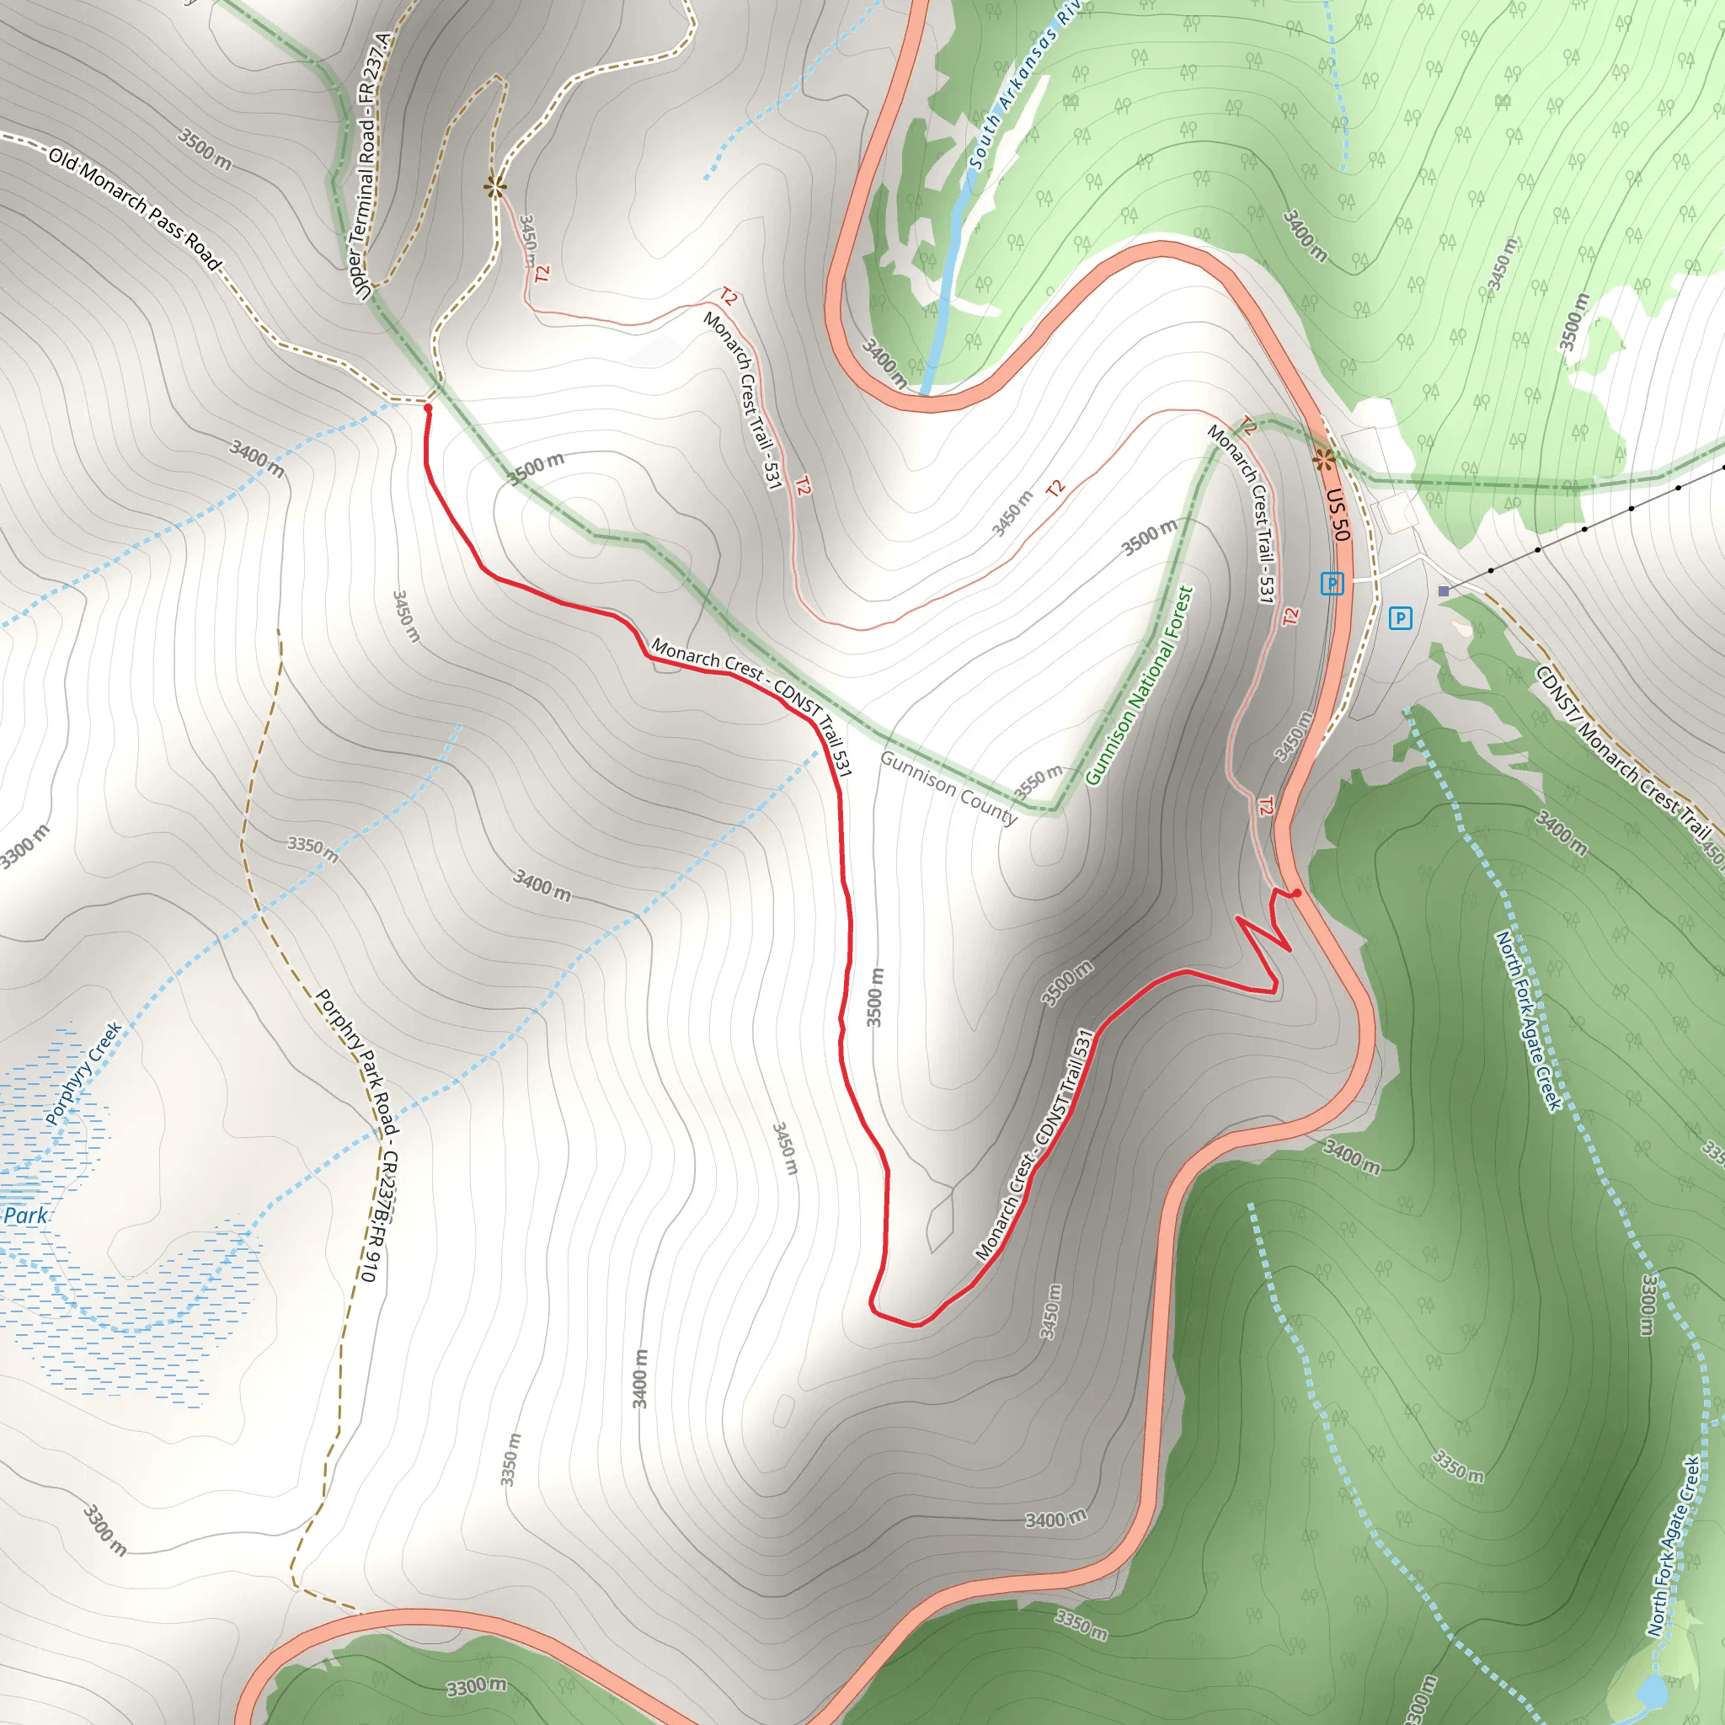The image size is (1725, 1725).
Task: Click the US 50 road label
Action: pos(1337,515)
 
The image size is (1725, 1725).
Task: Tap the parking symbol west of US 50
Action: pos(1332,584)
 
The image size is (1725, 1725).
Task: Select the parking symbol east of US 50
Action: pos(1400,618)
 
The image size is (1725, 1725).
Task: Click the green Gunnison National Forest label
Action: pos(1140,686)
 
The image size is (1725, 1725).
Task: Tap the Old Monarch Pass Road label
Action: pos(134,209)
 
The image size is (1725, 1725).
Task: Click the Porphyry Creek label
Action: pos(83,1073)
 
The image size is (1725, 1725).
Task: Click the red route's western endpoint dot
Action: pos(428,408)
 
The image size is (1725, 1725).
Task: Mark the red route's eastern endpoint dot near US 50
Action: pos(1296,893)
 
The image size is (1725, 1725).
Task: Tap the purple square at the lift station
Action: pos(1444,591)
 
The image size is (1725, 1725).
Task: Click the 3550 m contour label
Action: pos(1039,782)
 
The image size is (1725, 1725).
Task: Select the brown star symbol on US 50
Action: pos(1324,460)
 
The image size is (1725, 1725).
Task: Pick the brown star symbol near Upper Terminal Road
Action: pos(494,187)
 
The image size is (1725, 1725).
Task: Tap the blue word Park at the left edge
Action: pos(25,1215)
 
